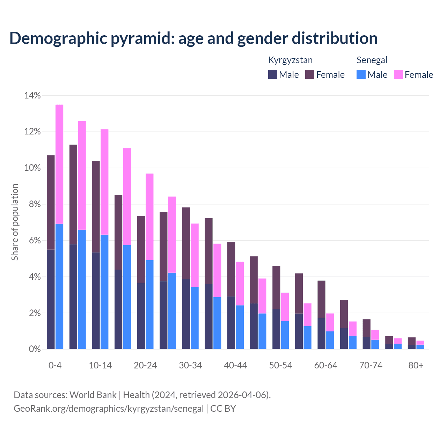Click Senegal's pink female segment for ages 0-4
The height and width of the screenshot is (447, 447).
59,164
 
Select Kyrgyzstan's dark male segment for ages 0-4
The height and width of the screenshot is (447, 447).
51,299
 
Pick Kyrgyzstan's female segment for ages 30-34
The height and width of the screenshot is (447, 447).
186,243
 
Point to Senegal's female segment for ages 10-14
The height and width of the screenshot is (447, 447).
104,182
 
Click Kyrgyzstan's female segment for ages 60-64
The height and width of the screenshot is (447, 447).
321,299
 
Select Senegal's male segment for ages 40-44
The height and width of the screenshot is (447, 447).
240,327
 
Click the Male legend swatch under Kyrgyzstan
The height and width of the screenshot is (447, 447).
273,74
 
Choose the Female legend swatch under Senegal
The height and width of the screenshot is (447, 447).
398,74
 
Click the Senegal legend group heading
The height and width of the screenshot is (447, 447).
372,60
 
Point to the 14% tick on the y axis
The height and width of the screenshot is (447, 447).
32,95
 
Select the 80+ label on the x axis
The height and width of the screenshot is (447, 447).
416,365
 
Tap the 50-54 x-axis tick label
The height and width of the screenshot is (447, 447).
280,365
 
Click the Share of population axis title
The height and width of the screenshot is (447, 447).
15,222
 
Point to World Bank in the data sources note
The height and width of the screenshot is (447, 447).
93,395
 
